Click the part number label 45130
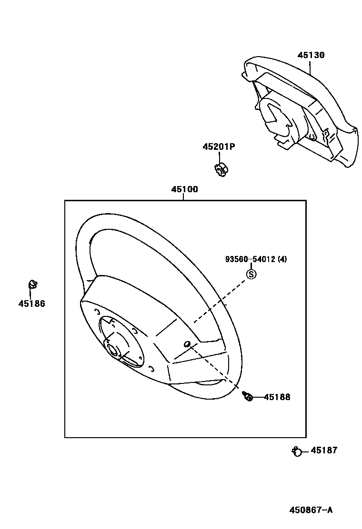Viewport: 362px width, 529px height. click(311, 55)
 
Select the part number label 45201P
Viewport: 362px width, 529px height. click(219, 147)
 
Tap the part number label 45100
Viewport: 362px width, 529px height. click(184, 189)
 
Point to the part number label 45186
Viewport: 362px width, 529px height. click(32, 304)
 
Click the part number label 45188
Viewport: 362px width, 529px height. click(277, 397)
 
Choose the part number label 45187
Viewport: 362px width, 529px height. click(324, 450)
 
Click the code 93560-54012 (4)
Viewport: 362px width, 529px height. click(256, 259)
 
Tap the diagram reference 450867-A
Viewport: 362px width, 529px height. click(311, 510)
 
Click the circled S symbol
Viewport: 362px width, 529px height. click(251, 274)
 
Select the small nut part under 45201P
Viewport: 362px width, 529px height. click(219, 170)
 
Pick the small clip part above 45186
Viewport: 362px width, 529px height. click(32, 285)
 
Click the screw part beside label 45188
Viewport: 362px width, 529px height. click(247, 396)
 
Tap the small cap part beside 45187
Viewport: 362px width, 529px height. click(296, 451)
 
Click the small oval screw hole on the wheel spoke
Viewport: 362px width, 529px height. click(187, 344)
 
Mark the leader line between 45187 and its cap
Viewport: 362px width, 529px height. click(306, 451)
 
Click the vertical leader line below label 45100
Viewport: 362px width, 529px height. click(184, 196)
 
